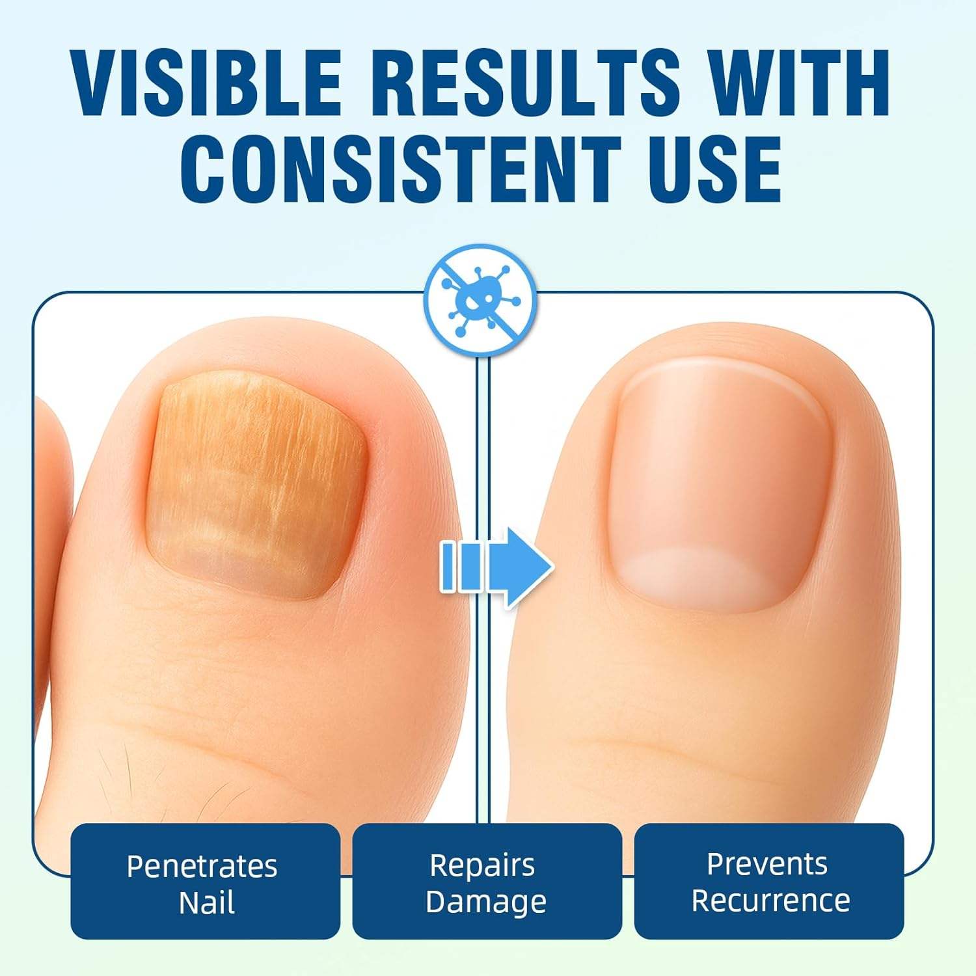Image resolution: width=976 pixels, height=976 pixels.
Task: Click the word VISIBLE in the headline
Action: point(207,83)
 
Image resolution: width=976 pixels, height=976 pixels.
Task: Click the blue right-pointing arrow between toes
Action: point(498,567)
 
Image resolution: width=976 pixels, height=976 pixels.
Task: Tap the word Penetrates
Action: point(202,866)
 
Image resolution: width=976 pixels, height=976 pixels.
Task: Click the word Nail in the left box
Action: point(206,903)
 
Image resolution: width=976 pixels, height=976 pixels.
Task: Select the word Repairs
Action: point(482,865)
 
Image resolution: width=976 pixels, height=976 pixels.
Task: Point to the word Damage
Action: point(485,902)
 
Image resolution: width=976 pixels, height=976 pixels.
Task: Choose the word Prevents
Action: point(767,864)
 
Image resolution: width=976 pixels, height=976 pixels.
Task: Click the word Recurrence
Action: point(770,901)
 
